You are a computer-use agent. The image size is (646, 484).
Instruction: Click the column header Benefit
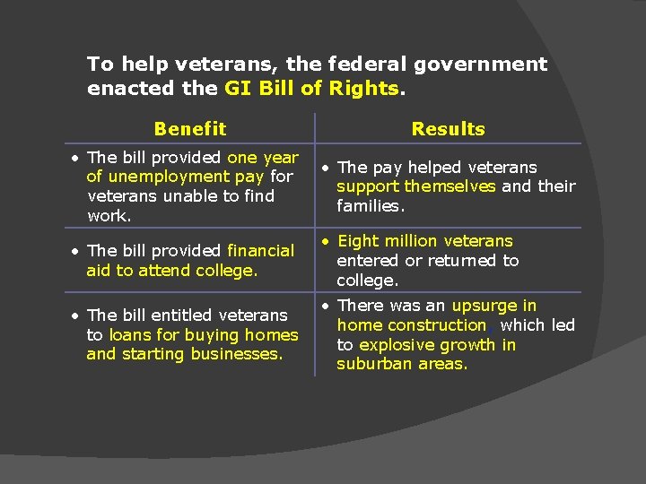189,129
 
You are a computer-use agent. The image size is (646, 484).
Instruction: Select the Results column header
448,129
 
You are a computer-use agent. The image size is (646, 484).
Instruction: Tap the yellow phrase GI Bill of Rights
312,89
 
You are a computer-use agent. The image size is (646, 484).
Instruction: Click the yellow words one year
263,158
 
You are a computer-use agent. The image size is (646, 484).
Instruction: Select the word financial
260,251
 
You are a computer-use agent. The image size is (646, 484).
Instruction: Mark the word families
371,206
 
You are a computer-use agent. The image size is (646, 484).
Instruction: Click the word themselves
450,186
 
